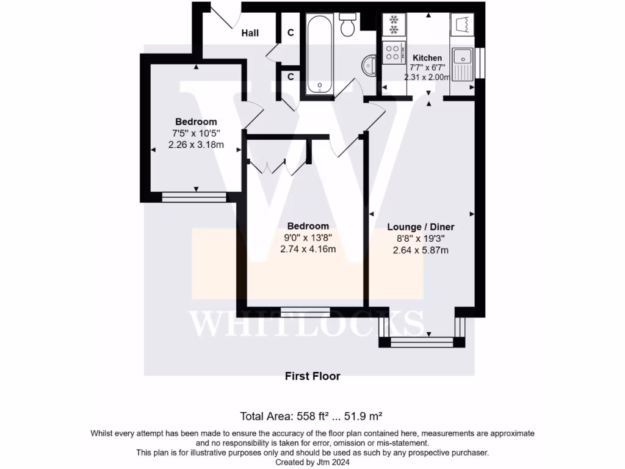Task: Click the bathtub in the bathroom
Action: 319,54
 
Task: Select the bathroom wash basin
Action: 369,66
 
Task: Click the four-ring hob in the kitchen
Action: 392,52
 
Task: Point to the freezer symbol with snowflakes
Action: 393,24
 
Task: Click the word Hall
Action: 250,32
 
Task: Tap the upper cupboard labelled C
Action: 291,32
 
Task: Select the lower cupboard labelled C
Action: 291,77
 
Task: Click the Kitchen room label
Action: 427,58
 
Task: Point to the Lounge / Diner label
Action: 421,227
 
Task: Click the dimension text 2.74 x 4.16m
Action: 308,249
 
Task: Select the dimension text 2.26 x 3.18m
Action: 196,145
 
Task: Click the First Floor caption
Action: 312,376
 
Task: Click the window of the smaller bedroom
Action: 194,197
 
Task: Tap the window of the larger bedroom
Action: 305,312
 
